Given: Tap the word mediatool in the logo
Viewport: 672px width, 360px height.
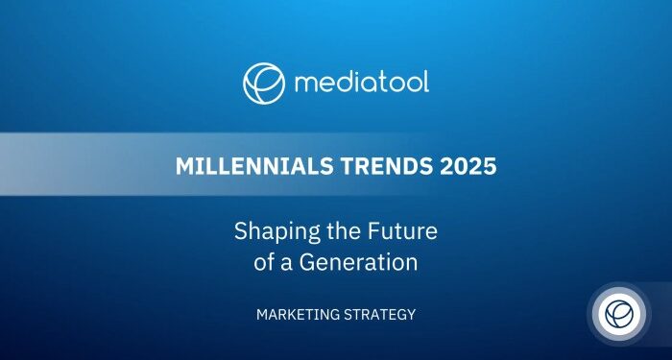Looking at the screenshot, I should (361, 83).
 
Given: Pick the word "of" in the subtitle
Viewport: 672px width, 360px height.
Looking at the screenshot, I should (264, 261).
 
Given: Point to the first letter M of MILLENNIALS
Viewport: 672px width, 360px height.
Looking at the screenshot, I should (183, 166).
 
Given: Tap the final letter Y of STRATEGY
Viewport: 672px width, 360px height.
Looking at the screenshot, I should (411, 315).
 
